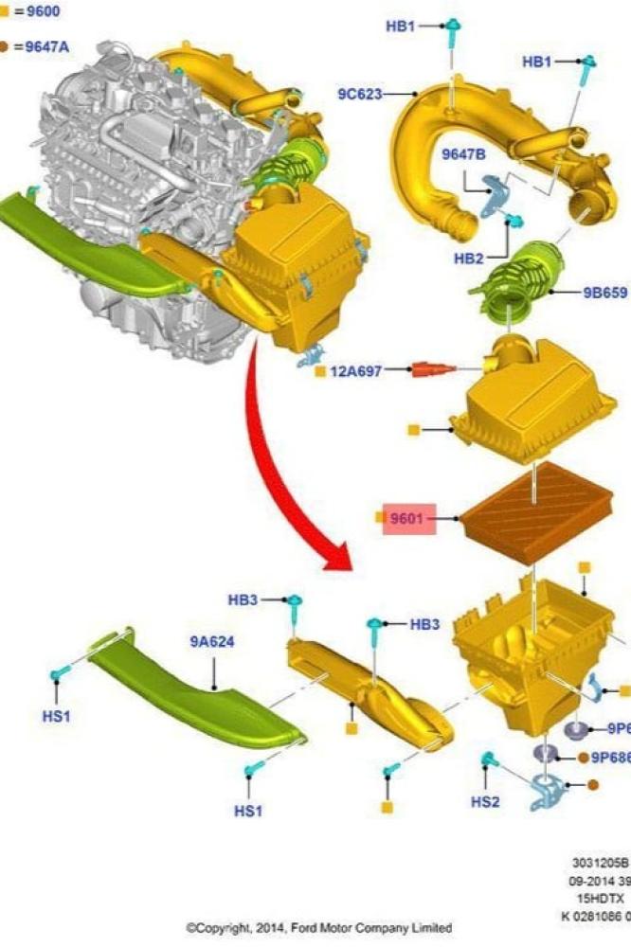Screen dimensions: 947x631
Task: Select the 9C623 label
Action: coord(359,94)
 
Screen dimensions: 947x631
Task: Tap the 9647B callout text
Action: coord(463,153)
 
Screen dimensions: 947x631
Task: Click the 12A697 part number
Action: coord(355,371)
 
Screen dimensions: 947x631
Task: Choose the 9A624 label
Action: coord(212,641)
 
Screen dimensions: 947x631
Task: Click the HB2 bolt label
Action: coord(469,259)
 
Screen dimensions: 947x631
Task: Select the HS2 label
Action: coord(486,801)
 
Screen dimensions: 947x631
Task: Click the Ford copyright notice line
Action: coord(318,927)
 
